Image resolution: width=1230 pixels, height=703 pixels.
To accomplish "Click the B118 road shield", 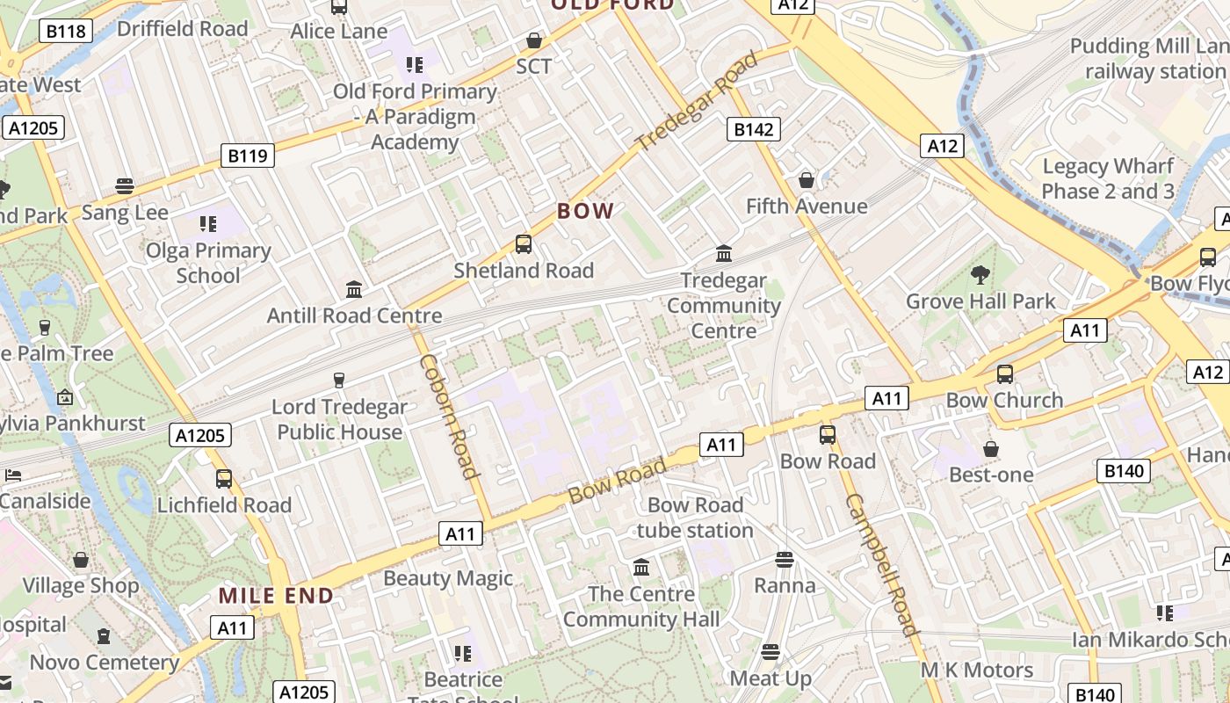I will coord(65,32).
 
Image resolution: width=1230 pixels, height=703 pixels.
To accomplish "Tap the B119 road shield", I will coord(248,156).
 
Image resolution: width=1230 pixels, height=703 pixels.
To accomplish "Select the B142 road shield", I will coord(753,130).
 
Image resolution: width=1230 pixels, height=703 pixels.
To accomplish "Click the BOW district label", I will coord(585,211).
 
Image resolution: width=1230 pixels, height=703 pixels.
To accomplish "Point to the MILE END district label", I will coord(276,596).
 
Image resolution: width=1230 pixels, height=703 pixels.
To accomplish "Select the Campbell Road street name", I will coord(881,564).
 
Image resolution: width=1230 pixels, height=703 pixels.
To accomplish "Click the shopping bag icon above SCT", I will coord(533,40).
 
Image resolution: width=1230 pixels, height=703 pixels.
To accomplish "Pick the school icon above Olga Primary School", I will coord(207,224).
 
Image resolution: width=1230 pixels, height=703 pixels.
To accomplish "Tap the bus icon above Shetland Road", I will coord(524,243).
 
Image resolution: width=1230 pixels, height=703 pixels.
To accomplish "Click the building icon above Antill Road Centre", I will coord(354,289).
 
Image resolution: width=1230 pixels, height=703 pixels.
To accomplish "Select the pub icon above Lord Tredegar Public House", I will coord(338,380).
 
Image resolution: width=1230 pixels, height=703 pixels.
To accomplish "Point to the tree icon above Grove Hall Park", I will coord(980,275).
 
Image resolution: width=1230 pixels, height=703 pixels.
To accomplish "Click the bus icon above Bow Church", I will coord(1004,374).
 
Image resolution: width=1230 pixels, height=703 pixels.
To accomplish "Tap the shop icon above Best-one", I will coord(991,449).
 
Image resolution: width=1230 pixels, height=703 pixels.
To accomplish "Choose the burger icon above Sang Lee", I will coord(125,186).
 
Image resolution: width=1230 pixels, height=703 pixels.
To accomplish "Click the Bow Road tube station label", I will coord(695,518).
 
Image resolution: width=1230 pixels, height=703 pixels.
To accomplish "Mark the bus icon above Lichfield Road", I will coord(224,479).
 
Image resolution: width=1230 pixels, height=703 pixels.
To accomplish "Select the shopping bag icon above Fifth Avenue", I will coord(806,180).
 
